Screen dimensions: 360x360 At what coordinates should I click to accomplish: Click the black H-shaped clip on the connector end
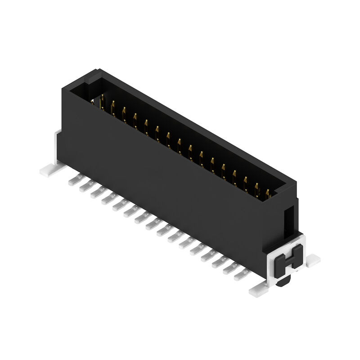click(288, 260)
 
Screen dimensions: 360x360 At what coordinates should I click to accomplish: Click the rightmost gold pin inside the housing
click(268, 193)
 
